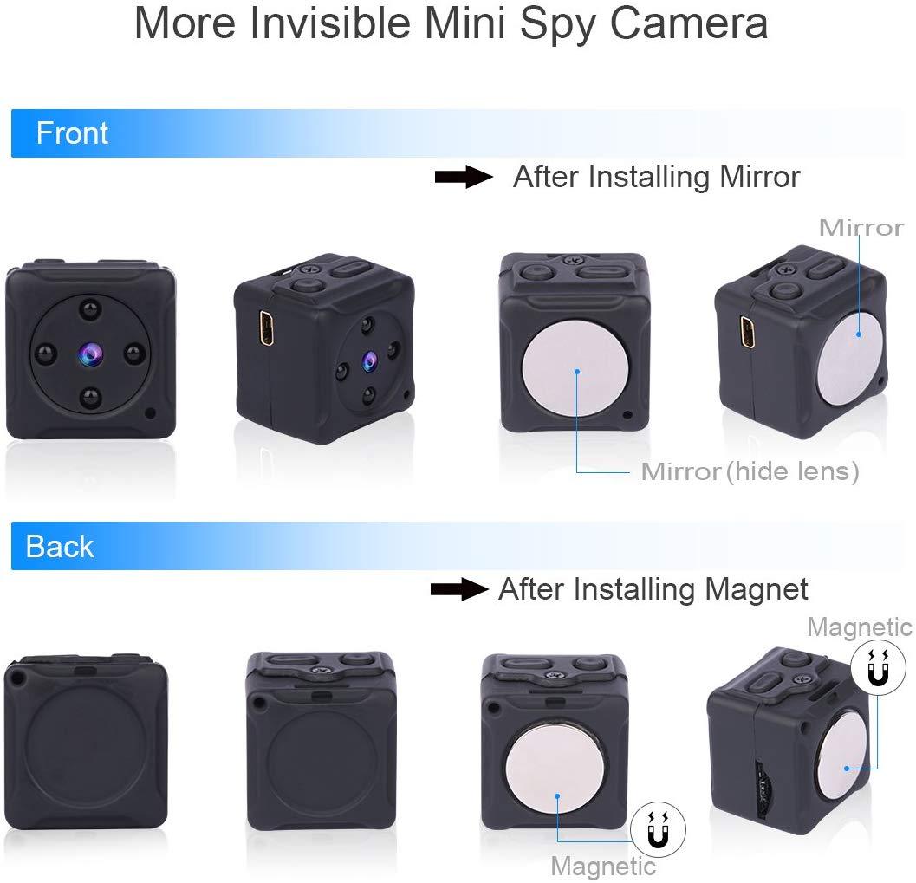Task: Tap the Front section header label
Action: [72, 133]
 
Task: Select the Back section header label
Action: [60, 547]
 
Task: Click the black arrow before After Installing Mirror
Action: [464, 177]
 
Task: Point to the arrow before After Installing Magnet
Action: [459, 589]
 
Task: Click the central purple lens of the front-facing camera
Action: [89, 354]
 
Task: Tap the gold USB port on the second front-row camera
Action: [266, 328]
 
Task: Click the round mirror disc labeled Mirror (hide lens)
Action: [575, 370]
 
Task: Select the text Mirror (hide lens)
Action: [750, 471]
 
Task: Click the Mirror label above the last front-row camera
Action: [861, 228]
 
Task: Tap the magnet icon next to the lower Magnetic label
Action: [659, 830]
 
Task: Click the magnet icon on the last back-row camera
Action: [878, 667]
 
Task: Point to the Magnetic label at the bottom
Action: [603, 866]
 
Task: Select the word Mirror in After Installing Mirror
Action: [759, 177]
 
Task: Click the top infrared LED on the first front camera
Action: [89, 309]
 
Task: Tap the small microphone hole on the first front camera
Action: [150, 412]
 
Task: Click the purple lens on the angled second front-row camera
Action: [368, 360]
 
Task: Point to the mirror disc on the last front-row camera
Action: [852, 358]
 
